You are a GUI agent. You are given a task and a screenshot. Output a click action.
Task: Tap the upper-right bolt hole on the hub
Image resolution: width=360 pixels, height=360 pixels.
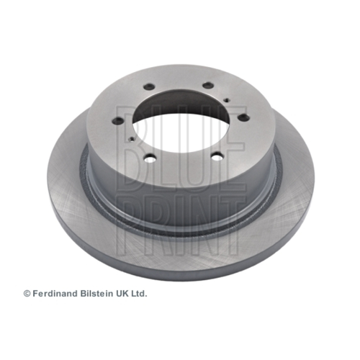pyautogui.click(x=208, y=85)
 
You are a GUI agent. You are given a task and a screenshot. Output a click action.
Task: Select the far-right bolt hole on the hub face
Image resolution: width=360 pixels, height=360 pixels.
pyautogui.click(x=244, y=117)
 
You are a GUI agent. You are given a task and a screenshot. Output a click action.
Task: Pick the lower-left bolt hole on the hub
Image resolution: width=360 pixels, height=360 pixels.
pyautogui.click(x=150, y=158)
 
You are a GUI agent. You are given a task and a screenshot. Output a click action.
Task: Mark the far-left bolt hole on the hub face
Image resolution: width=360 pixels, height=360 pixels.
pyautogui.click(x=118, y=120)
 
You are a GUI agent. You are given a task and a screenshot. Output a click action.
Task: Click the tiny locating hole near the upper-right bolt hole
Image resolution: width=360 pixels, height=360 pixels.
pyautogui.click(x=226, y=100)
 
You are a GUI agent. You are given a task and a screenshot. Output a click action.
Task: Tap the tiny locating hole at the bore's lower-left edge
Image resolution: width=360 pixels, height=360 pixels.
pyautogui.click(x=132, y=139)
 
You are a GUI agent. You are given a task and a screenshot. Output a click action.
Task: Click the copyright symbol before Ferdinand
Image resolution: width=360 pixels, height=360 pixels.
pyautogui.click(x=27, y=294)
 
